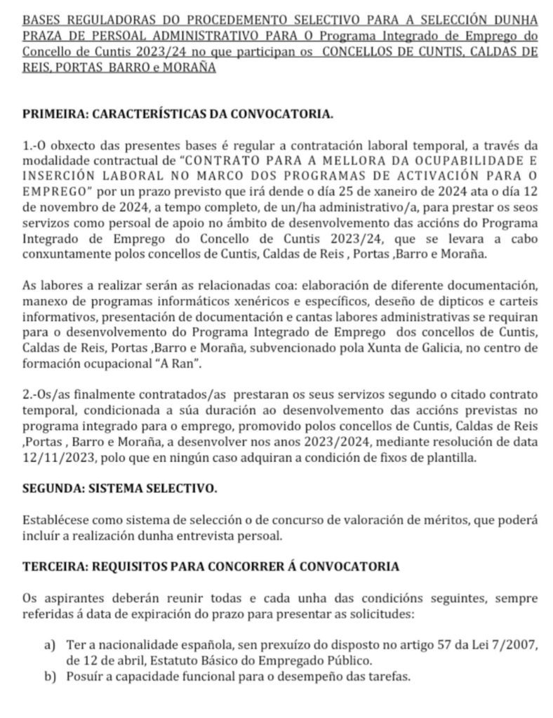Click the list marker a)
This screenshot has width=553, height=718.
coord(51,644)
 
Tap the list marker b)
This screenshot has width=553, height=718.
coord(51,677)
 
